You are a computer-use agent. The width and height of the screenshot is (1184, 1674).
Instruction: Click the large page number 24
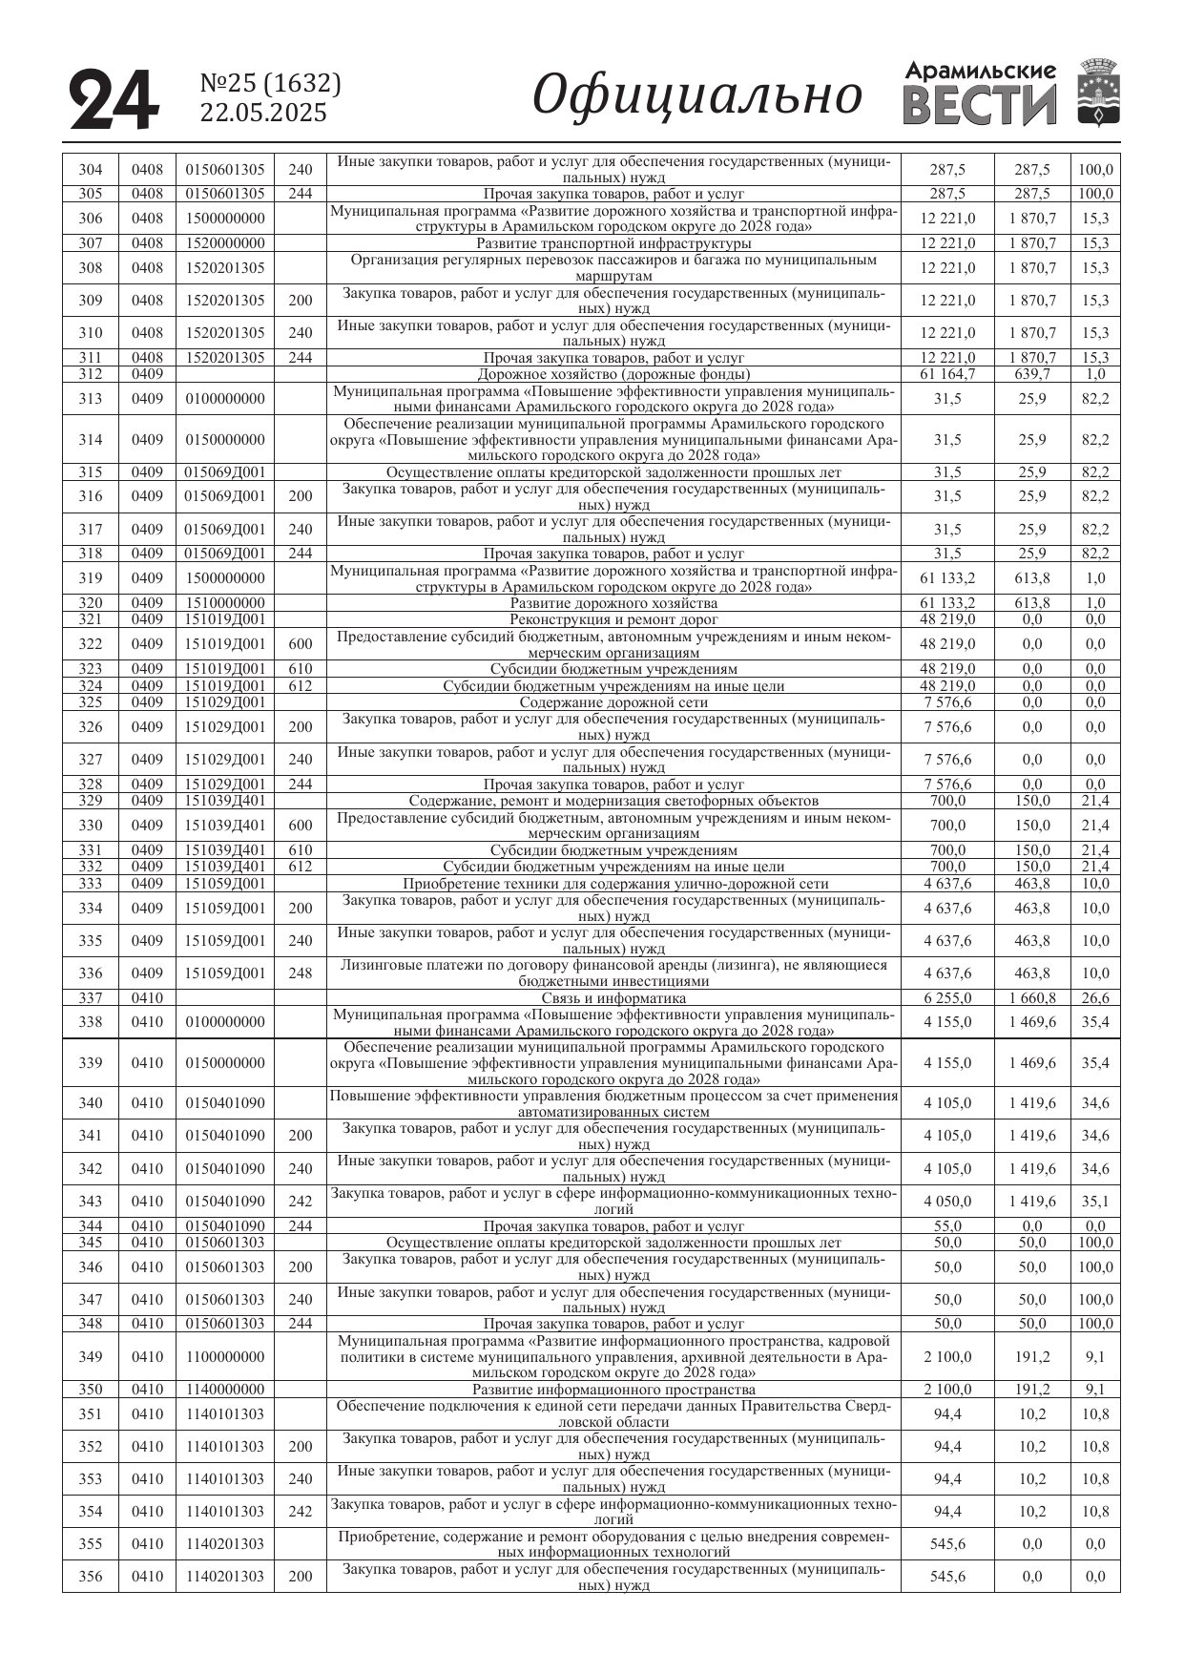click(x=114, y=100)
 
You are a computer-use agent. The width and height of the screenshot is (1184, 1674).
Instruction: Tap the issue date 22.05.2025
click(x=263, y=114)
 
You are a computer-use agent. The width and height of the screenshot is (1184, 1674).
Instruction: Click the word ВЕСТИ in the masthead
click(x=980, y=106)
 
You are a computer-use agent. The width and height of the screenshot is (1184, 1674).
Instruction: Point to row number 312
click(x=90, y=374)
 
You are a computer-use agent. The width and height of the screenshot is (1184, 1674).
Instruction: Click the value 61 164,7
click(x=947, y=374)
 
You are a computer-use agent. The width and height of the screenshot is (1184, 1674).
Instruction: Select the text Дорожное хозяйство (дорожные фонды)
click(x=613, y=374)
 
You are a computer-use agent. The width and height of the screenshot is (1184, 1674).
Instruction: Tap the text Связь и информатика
click(x=613, y=998)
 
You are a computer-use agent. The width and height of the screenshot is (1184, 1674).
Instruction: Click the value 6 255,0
click(x=947, y=998)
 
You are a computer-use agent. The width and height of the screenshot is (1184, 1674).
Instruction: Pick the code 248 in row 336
click(x=300, y=973)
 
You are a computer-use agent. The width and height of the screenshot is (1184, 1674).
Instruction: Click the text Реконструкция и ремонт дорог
click(x=613, y=619)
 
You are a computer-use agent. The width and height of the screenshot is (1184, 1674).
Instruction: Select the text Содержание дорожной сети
click(x=613, y=702)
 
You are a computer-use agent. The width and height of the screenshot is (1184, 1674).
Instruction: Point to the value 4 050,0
click(x=947, y=1202)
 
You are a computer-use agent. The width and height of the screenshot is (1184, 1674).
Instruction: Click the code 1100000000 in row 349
click(x=225, y=1357)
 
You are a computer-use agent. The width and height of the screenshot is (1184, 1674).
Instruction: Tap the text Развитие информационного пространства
click(x=613, y=1390)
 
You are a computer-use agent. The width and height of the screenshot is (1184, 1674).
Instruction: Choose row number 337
click(x=90, y=998)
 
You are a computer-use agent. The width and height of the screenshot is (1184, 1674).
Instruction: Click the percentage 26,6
click(x=1095, y=998)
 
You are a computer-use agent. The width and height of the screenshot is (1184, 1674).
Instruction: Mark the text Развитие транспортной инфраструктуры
click(x=613, y=243)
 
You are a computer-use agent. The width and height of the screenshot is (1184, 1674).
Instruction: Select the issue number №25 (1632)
click(x=271, y=84)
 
